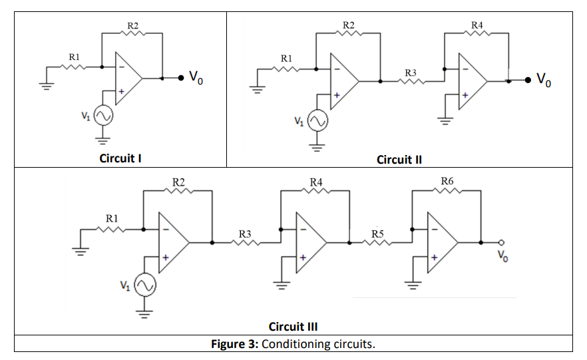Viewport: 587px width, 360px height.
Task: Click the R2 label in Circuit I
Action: pyautogui.click(x=132, y=25)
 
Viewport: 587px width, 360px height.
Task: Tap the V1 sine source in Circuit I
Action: pyautogui.click(x=102, y=116)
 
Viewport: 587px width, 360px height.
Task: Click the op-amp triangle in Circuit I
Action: pyautogui.click(x=127, y=78)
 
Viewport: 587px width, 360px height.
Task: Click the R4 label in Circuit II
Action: pyautogui.click(x=477, y=25)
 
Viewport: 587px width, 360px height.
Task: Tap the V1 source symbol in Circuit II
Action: pyautogui.click(x=317, y=120)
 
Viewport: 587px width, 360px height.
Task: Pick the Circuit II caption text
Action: pyautogui.click(x=399, y=159)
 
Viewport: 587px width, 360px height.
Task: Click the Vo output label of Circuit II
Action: pyautogui.click(x=544, y=81)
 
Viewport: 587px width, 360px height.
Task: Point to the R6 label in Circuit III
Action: pyautogui.click(x=447, y=181)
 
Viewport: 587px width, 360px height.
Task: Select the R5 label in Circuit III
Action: pyautogui.click(x=377, y=233)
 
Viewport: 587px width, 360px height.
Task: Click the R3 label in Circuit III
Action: pyautogui.click(x=245, y=233)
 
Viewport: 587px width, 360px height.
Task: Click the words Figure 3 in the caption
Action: pyautogui.click(x=234, y=344)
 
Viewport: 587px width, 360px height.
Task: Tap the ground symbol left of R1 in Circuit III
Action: pyautogui.click(x=81, y=252)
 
